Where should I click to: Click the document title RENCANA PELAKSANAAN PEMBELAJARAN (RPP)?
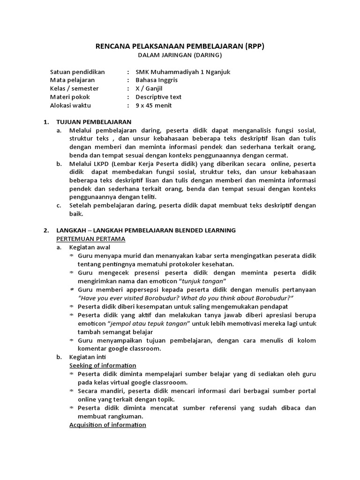coord(180,46)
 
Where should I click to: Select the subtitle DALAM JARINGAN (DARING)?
coord(180,55)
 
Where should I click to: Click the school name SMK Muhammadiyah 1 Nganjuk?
coord(183,72)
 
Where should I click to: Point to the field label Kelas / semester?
coord(74,89)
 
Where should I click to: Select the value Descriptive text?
coord(158,97)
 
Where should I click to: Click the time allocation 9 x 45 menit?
coord(154,105)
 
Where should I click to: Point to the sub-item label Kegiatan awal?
coord(87,247)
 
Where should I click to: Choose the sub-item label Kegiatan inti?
coord(85,357)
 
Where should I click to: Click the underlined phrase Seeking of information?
coord(103,365)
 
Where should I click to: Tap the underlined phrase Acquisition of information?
coord(107,425)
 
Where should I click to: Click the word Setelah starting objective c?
coord(81,205)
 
